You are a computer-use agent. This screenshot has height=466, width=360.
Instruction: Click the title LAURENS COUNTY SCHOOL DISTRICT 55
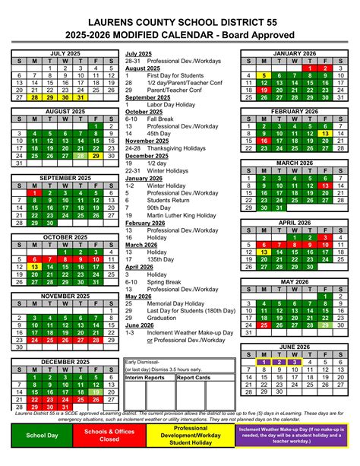point(179,23)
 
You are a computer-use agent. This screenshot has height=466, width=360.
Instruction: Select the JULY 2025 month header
point(63,53)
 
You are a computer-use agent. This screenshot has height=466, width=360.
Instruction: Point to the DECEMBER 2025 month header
point(63,361)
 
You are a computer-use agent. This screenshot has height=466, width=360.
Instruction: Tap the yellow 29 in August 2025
point(96,156)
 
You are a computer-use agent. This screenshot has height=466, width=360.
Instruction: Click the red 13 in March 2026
point(325,185)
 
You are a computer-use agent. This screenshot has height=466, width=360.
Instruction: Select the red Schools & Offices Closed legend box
point(109,435)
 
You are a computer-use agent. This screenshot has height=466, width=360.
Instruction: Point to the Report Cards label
point(194,377)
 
